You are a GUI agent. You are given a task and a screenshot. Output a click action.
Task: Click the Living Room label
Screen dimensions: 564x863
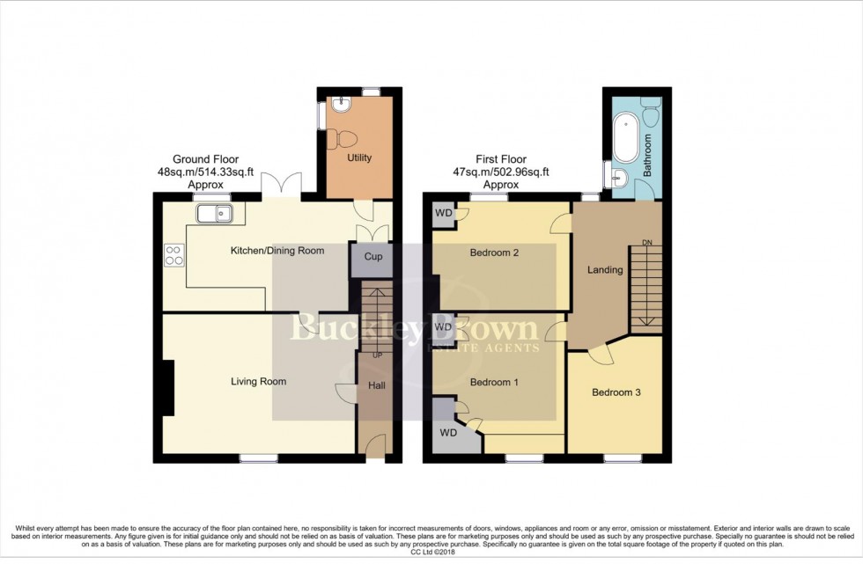(x=259, y=382)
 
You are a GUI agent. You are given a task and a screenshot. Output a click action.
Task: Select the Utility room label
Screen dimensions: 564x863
(x=360, y=158)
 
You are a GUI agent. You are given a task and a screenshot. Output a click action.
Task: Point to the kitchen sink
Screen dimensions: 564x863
(x=212, y=212)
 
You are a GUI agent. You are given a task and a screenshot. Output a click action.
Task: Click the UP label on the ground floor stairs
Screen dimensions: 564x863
(x=378, y=355)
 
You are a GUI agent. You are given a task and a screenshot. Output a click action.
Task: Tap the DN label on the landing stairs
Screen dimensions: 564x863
(x=647, y=243)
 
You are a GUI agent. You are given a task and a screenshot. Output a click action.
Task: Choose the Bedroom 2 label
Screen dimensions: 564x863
(x=494, y=253)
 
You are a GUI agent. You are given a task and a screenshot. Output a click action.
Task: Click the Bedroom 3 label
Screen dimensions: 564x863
(x=616, y=392)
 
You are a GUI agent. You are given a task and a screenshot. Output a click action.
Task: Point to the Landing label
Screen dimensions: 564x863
(x=605, y=270)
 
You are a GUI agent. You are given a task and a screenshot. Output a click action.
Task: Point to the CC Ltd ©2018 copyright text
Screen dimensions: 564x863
(x=431, y=552)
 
